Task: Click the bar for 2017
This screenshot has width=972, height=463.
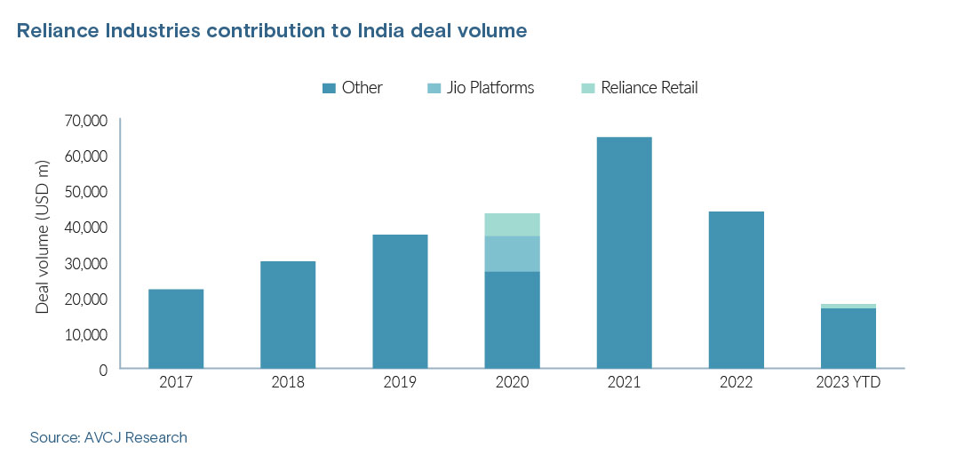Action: (176, 328)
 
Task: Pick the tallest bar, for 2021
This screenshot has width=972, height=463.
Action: (624, 252)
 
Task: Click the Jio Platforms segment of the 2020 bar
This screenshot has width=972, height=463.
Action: (512, 253)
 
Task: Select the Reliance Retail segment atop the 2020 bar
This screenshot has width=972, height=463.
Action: (512, 224)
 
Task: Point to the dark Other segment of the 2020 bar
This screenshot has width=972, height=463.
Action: (512, 319)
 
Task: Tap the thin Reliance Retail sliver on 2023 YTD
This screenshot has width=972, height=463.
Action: (848, 306)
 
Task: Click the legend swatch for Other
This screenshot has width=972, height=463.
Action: (328, 88)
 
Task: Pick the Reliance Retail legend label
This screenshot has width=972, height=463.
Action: (649, 88)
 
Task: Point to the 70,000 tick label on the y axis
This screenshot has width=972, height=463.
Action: (84, 120)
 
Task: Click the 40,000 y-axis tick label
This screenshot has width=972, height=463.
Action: (84, 228)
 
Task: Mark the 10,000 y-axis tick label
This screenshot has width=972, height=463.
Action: (84, 334)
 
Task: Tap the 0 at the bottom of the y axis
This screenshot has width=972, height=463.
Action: (102, 368)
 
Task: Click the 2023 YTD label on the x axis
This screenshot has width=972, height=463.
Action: (848, 383)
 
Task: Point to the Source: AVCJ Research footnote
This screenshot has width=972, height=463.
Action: (108, 437)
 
